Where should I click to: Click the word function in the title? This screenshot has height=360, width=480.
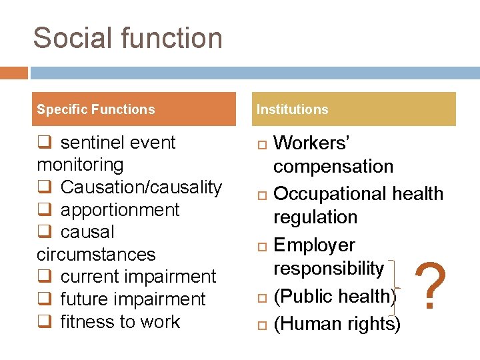(170, 38)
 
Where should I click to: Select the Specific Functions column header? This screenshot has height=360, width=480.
(95, 109)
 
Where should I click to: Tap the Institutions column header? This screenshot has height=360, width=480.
(293, 109)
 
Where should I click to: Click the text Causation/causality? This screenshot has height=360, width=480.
(141, 187)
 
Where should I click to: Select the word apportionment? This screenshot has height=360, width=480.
(120, 210)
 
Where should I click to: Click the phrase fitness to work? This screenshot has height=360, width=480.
(120, 322)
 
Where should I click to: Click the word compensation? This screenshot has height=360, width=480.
(333, 167)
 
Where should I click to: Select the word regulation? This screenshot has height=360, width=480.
(315, 217)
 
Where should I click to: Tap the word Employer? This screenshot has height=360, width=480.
(315, 245)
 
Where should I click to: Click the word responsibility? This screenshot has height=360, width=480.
(329, 269)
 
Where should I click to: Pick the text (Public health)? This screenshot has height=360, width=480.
(335, 296)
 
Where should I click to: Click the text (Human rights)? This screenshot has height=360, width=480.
(337, 324)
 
